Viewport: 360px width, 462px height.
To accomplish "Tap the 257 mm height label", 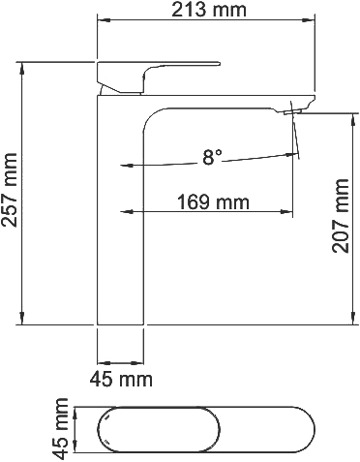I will click(x=11, y=194).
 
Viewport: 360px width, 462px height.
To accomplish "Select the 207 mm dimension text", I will click(x=342, y=215).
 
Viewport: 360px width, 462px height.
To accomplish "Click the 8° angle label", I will click(x=212, y=155).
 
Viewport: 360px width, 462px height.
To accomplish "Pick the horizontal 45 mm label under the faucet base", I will click(x=121, y=378).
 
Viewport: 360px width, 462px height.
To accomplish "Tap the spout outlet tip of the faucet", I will click(x=296, y=112).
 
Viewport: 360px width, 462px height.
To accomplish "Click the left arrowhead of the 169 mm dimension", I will click(x=124, y=211).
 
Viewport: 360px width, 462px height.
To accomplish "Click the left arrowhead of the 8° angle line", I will click(x=126, y=165).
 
